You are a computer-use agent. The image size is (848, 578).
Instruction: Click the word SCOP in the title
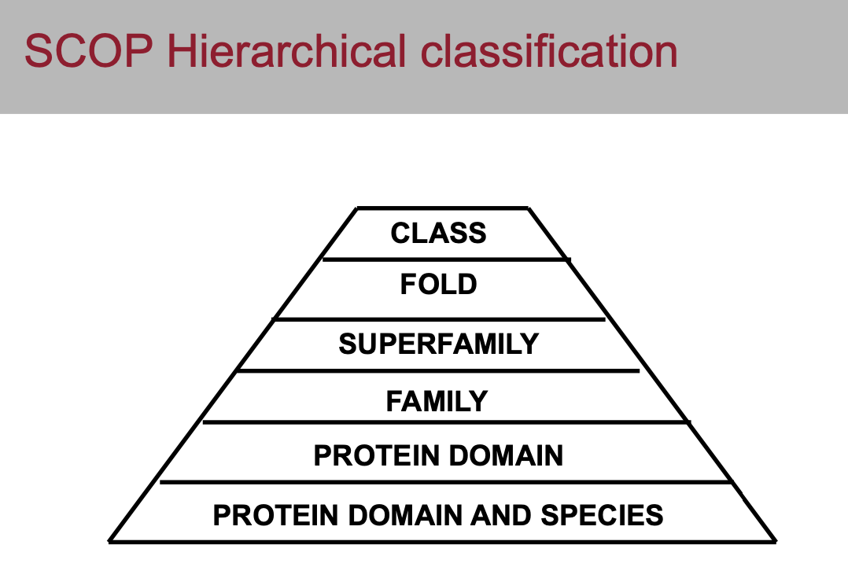point(89,51)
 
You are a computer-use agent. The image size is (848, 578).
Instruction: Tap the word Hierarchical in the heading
point(286,51)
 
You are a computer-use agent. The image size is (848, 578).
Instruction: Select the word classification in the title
point(549,51)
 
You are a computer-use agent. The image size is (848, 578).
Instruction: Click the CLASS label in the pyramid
point(439,233)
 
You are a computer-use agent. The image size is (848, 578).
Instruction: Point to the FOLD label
point(439,284)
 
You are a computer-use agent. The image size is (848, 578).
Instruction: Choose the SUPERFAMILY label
point(439,344)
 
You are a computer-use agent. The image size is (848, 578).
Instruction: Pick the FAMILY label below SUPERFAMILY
point(437,401)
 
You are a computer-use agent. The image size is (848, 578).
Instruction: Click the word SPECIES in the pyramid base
point(602,515)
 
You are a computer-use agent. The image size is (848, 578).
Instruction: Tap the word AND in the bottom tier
point(500,515)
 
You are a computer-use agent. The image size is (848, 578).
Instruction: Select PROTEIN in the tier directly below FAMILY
point(376,455)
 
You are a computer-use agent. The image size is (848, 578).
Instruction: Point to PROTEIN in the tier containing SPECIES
point(275,515)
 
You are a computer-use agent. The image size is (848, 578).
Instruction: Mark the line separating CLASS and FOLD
point(446,260)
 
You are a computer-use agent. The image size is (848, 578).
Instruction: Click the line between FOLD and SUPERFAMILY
point(439,319)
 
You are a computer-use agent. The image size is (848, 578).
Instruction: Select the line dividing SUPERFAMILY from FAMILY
point(438,371)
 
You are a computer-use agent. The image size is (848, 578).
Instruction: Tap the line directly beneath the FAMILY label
point(446,422)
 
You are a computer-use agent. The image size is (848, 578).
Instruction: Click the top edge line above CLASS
point(442,208)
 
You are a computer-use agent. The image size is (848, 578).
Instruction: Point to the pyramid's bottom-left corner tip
point(109,541)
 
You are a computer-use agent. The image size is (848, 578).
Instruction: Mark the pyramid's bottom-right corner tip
point(776,541)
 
